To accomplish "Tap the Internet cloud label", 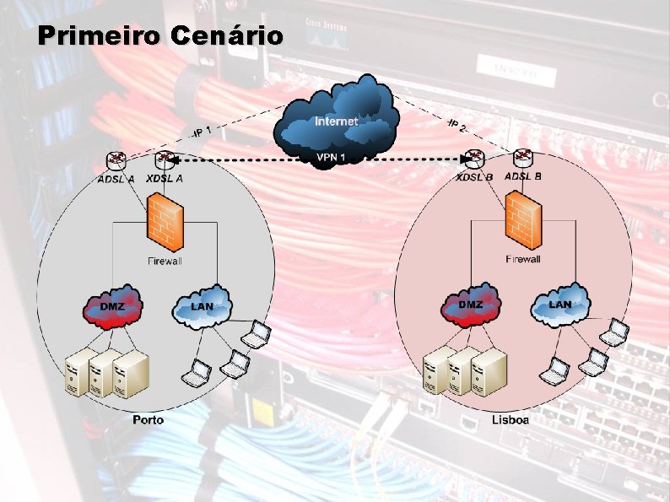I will click(x=336, y=121).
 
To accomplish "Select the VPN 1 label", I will click(x=331, y=157).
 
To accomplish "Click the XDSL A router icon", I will click(x=165, y=160).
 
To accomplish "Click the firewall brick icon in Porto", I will click(x=164, y=221).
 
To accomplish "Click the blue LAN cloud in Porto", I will click(x=203, y=305).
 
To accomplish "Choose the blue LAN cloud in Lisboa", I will click(x=560, y=305).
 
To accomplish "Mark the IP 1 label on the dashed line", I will click(x=200, y=132).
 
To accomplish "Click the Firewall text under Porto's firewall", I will click(x=165, y=262).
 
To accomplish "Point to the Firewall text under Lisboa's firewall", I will click(x=523, y=259).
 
